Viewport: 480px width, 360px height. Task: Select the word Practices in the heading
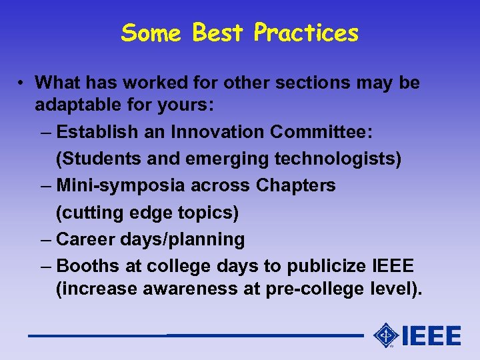[x=306, y=33]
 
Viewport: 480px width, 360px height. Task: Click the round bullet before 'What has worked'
[x=22, y=83]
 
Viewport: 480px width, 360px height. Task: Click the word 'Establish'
[x=98, y=132]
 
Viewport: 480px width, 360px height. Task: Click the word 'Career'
[x=87, y=239]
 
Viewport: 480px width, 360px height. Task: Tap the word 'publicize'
[x=325, y=266]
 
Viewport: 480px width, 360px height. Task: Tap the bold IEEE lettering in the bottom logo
[x=431, y=335]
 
